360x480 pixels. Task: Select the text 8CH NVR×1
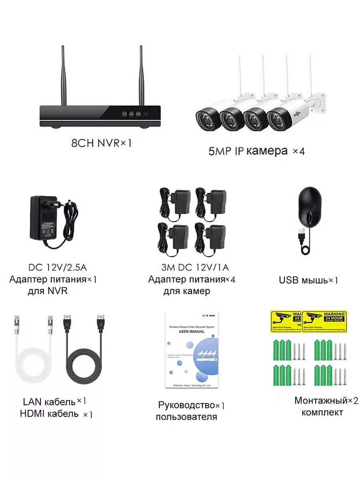[x=101, y=143]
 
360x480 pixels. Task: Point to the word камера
[x=267, y=151]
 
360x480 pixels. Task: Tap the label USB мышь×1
[x=308, y=280]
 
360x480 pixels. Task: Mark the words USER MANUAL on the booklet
[x=192, y=332]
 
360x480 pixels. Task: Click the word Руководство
[x=186, y=405]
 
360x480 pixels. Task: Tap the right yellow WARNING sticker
[x=324, y=321]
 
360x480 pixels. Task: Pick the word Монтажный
[x=320, y=400]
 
